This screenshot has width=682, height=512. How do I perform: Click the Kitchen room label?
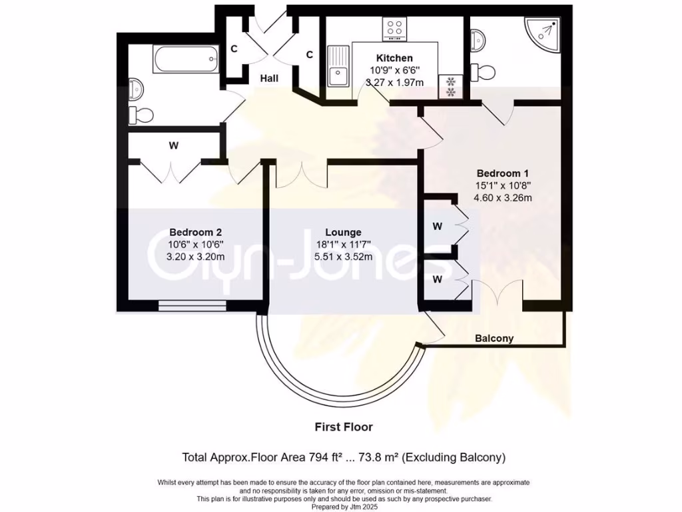394,58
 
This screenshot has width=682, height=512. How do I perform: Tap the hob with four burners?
394,28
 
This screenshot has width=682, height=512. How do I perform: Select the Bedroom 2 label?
195,232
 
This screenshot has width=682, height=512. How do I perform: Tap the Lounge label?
344,232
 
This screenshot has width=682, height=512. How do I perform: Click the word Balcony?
494,338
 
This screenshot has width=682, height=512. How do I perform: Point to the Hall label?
269,79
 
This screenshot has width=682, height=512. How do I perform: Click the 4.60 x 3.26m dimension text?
494,197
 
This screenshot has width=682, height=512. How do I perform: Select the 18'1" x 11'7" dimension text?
344,244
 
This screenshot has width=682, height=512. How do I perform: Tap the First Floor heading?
344,427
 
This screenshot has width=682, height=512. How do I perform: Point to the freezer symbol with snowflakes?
450,85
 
